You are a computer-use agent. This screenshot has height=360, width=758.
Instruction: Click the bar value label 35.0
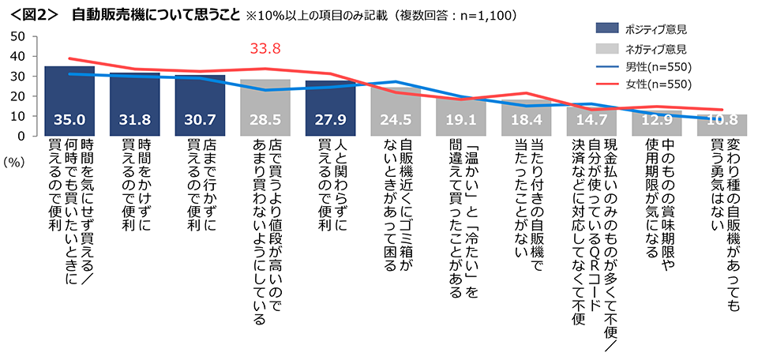coord(69,121)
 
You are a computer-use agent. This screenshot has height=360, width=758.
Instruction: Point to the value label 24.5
coord(396,121)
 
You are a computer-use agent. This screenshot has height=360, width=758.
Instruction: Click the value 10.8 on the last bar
coord(722,121)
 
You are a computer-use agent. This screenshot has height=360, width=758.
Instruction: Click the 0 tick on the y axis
coord(23,136)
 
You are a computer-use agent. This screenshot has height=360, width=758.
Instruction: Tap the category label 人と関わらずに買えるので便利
coord(330,186)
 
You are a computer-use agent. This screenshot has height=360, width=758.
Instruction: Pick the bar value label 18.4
coord(526,121)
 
